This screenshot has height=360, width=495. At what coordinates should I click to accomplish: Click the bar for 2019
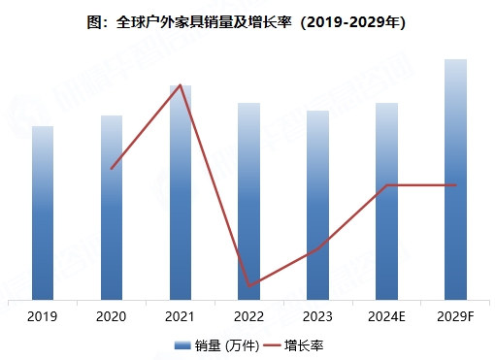(x=43, y=213)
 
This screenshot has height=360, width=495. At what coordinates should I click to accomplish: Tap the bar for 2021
(x=181, y=194)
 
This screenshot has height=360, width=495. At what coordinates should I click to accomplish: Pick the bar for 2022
(x=249, y=202)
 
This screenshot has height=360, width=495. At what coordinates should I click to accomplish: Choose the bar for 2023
(x=318, y=206)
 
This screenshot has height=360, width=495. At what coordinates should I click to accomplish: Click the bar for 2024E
(x=387, y=202)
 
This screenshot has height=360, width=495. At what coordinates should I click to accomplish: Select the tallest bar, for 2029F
(x=456, y=180)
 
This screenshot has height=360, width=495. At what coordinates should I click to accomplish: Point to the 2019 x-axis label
(x=43, y=317)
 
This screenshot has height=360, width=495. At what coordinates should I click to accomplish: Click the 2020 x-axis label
(x=112, y=317)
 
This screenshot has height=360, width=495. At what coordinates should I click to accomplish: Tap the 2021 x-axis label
(x=181, y=317)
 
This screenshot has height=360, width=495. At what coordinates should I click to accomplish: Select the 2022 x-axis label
(x=249, y=317)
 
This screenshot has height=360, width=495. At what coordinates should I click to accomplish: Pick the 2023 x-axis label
(x=318, y=317)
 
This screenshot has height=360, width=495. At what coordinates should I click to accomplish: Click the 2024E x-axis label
(x=387, y=317)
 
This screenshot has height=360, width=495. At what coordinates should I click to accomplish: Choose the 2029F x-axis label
(x=456, y=317)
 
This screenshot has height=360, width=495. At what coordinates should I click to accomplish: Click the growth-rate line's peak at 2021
(x=181, y=85)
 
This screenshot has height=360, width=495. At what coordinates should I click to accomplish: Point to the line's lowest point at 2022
(x=249, y=286)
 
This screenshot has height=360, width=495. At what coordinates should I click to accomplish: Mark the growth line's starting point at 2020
(x=112, y=169)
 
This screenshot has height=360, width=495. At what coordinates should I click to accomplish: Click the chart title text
(x=247, y=20)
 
